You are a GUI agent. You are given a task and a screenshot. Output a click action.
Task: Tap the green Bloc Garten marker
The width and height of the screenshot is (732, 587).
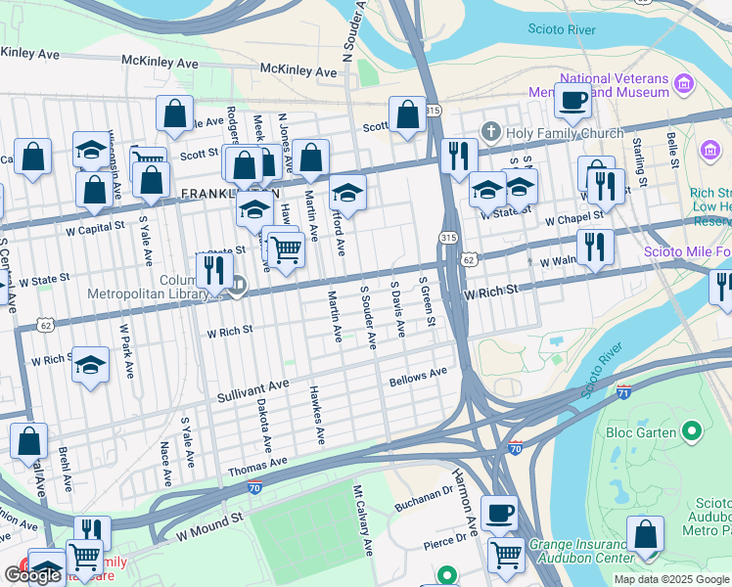coord(692,430)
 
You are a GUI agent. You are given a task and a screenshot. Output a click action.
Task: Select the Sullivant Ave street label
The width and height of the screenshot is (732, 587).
coord(252,392)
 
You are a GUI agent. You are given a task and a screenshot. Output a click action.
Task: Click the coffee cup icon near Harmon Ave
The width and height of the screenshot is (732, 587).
coord(499,512)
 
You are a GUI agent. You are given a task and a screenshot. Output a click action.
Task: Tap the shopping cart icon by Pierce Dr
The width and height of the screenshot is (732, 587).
coord(506,555)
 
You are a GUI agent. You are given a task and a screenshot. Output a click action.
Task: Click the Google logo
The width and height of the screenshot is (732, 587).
coord(32,575)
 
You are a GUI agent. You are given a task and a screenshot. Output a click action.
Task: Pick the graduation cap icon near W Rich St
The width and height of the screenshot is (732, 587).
coord(90,364)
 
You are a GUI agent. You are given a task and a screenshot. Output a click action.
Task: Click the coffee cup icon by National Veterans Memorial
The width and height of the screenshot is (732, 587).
coord(572,98)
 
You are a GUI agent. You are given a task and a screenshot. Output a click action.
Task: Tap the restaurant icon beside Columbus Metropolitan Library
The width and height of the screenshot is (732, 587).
coord(214,269)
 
